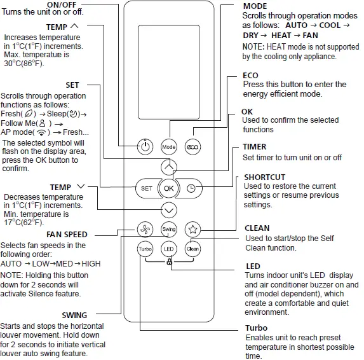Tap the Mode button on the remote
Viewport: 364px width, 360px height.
(x=168, y=146)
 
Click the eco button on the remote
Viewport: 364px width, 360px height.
(x=192, y=146)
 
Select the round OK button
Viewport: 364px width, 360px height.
(x=168, y=188)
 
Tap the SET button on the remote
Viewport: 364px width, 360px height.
(x=146, y=188)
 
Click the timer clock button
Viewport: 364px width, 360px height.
(x=192, y=188)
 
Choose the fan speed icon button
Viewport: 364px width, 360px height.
(x=145, y=229)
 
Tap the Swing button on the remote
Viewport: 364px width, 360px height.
(x=168, y=229)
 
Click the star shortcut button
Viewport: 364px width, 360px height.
(x=192, y=229)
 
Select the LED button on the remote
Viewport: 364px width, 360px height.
(x=168, y=249)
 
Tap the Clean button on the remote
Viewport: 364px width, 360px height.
(x=192, y=249)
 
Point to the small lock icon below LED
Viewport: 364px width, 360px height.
(x=168, y=262)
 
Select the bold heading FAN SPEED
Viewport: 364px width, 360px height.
(x=67, y=235)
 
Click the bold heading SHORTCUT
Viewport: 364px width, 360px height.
(x=264, y=177)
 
